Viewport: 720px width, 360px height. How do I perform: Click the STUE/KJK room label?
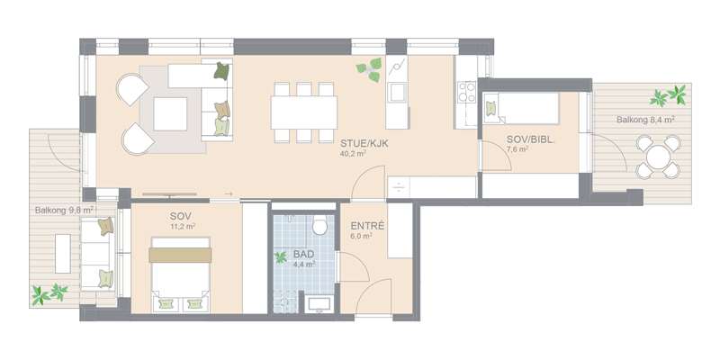coord(364,144)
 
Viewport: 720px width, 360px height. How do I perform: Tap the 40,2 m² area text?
coord(353,154)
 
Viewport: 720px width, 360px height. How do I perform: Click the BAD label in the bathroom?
coord(304,255)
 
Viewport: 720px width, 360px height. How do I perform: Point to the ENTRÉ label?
coord(367,226)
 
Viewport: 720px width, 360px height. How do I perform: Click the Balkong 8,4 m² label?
coord(645,120)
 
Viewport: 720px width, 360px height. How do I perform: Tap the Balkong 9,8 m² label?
coord(64,211)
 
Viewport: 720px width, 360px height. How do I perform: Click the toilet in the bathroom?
coord(319,226)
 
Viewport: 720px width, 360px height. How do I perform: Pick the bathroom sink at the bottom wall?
coord(319,304)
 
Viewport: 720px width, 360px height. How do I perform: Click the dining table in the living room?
coord(304,112)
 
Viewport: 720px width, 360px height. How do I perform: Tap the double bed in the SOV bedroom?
coord(181,274)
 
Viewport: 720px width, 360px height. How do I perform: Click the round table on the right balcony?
coord(658,157)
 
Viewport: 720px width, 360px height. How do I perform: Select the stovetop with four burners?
coord(467,92)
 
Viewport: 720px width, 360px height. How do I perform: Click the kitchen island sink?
coord(397,92)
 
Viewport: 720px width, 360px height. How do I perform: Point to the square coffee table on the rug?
coord(170,114)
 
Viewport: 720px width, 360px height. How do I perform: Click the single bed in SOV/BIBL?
coord(521,108)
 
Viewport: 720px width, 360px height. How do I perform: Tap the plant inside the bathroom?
coord(280,257)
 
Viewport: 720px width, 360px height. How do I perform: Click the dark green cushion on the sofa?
coord(221,71)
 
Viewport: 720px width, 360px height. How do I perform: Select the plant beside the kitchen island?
coord(369,70)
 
